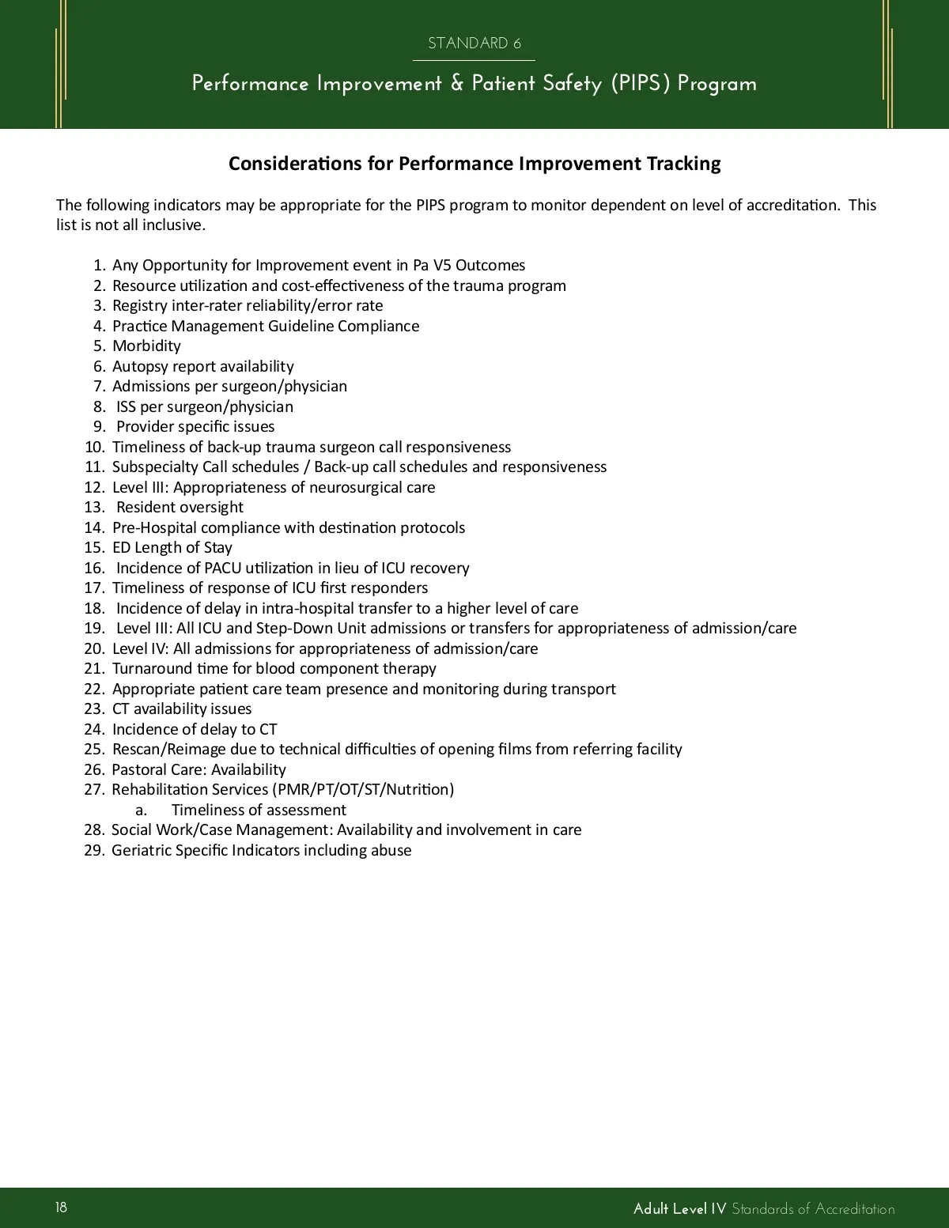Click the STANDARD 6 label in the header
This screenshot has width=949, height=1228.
[x=474, y=43]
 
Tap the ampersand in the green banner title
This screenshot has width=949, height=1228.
[x=457, y=83]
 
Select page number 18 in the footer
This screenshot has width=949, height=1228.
[x=62, y=1207]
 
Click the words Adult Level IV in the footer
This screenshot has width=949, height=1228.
[x=679, y=1208]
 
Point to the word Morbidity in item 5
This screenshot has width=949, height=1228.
[x=146, y=346]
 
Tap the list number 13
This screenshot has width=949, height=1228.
[x=94, y=507]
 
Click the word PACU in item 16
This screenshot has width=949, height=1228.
[x=222, y=568]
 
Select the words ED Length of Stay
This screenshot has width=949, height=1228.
[x=172, y=547]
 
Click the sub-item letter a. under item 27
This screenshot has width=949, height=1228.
[x=141, y=810]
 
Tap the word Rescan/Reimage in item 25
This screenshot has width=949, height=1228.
[x=168, y=749]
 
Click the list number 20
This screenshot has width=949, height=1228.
[x=94, y=648]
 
